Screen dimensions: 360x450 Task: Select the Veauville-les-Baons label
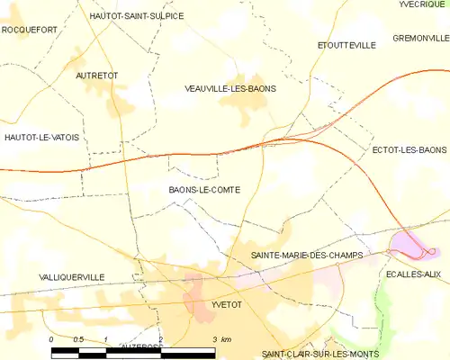(x=229, y=89)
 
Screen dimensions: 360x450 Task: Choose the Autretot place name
(x=97, y=76)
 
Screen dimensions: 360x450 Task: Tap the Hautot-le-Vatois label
(x=41, y=137)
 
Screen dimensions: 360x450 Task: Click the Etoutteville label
(x=346, y=45)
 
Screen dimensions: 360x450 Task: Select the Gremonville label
(x=420, y=38)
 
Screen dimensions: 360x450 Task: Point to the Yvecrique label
(x=423, y=4)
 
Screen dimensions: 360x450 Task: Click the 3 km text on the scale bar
(x=220, y=339)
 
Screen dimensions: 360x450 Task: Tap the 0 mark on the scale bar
(x=51, y=339)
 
